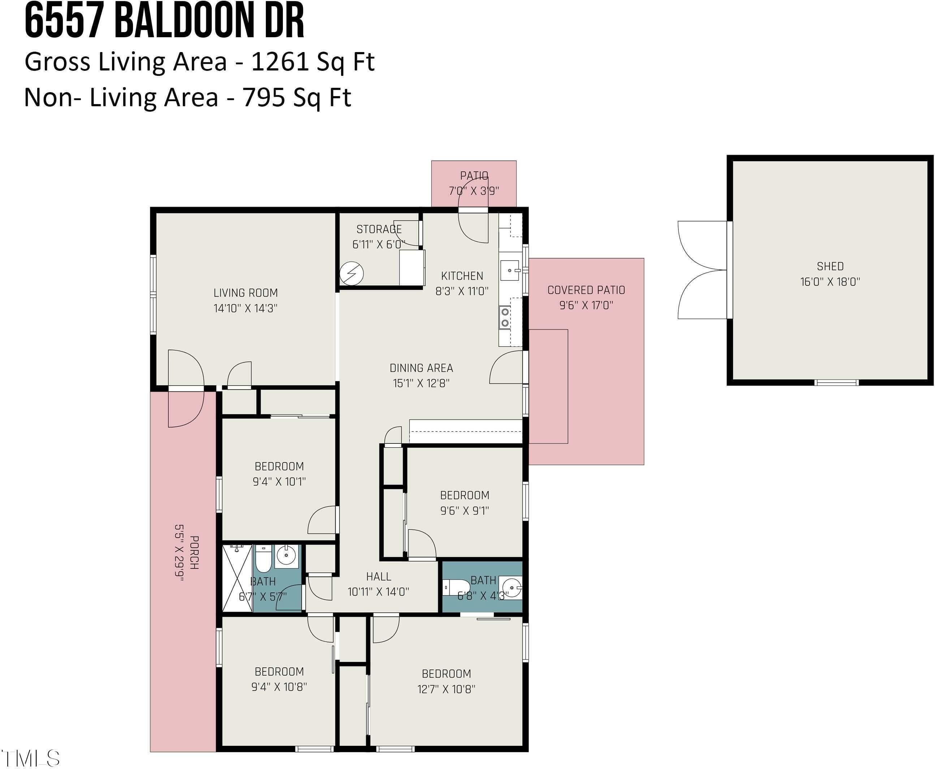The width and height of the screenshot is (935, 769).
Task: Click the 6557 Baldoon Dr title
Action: (164, 21)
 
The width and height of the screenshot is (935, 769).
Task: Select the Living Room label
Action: (245, 293)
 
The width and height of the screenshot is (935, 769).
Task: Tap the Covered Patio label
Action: (586, 290)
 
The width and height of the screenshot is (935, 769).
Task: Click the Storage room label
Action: (379, 229)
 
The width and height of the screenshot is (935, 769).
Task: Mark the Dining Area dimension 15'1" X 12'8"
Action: (421, 383)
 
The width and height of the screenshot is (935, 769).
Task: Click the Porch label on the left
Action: (194, 553)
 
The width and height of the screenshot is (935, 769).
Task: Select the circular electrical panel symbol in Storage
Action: (352, 273)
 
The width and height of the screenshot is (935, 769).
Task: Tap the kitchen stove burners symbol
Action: (504, 318)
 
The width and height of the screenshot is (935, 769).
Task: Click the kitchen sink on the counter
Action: (511, 270)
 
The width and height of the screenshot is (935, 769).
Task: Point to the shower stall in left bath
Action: (237, 579)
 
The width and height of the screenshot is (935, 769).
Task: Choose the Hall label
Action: (379, 576)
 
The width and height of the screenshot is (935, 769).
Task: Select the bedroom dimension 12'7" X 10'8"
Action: (446, 689)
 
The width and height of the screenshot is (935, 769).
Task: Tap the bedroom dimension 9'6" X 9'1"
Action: (464, 511)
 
